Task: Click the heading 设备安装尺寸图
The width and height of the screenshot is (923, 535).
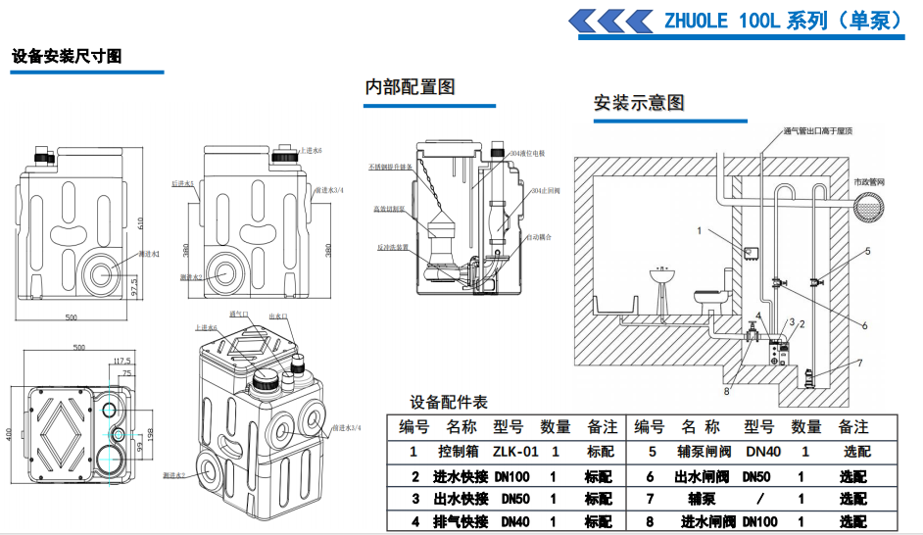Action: click(67, 57)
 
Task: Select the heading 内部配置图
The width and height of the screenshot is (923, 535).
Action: click(410, 86)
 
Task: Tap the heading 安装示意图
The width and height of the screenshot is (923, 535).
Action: click(638, 103)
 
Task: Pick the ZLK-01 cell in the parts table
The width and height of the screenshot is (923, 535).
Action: click(515, 452)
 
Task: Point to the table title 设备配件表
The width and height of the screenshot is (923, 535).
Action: click(448, 403)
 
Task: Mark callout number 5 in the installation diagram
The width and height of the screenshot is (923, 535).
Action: click(865, 251)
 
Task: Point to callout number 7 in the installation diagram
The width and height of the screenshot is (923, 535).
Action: click(858, 363)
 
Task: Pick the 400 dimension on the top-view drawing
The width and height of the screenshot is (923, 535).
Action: click(10, 433)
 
